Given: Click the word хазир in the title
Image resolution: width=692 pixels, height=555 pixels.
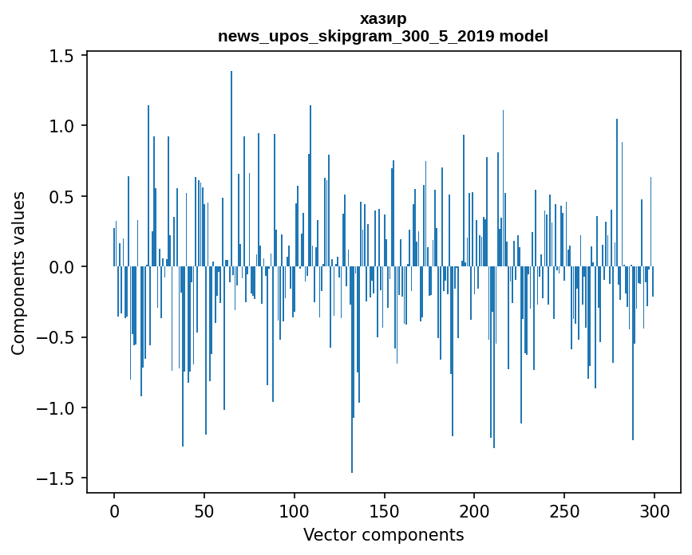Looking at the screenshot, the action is coord(383,19).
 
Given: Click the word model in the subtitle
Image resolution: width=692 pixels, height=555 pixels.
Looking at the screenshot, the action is coord(524,36).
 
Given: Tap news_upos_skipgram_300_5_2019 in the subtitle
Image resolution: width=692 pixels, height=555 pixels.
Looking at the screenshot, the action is coord(356,36).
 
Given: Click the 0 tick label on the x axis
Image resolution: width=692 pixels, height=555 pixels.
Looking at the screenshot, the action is coord(114,511).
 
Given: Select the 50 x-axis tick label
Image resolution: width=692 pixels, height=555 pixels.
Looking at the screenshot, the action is coord(204,511).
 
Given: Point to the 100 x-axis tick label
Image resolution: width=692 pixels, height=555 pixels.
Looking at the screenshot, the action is coord(294,511).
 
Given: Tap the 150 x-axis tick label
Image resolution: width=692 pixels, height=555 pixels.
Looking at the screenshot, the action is coord(384,511).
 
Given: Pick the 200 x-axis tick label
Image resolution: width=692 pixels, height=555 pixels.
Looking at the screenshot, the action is coord(474,511).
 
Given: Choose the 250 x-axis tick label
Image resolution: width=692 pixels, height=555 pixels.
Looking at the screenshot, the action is coord(564,511).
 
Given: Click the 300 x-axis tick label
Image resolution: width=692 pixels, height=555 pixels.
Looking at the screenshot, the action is coord(654,511).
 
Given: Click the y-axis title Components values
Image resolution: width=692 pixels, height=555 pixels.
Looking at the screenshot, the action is coord(18,274).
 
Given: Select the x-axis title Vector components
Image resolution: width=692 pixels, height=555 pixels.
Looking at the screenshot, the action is coord(383,535).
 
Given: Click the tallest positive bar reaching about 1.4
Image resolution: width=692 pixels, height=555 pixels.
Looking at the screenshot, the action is coord(231,169).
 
